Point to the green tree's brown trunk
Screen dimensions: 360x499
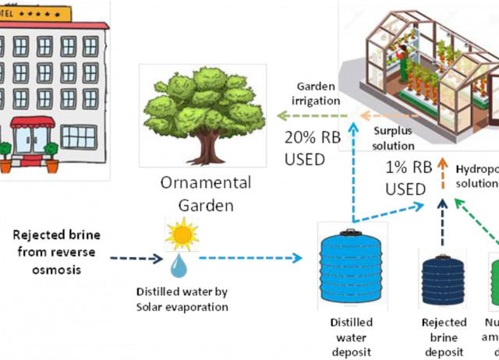click(x=207, y=145)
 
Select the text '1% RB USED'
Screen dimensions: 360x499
click(x=406, y=178)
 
